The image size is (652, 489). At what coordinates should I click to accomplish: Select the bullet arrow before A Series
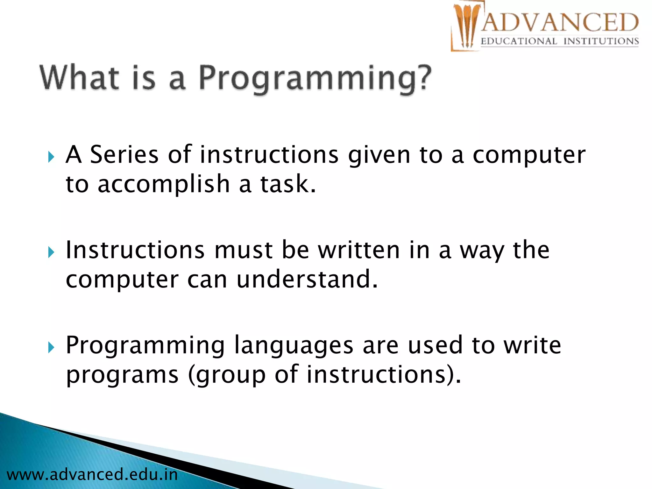point(51,157)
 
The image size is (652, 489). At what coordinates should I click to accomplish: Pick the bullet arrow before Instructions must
point(51,252)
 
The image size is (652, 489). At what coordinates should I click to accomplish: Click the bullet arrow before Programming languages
point(51,348)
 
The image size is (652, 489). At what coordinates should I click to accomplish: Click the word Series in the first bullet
point(124,155)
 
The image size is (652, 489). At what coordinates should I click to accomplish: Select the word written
point(359,250)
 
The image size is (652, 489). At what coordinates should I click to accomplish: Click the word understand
point(304,279)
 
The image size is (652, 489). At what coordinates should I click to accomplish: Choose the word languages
point(294,346)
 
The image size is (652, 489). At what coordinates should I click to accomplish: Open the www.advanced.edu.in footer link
point(92,475)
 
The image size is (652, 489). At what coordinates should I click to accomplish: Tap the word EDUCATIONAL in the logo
point(519,41)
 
